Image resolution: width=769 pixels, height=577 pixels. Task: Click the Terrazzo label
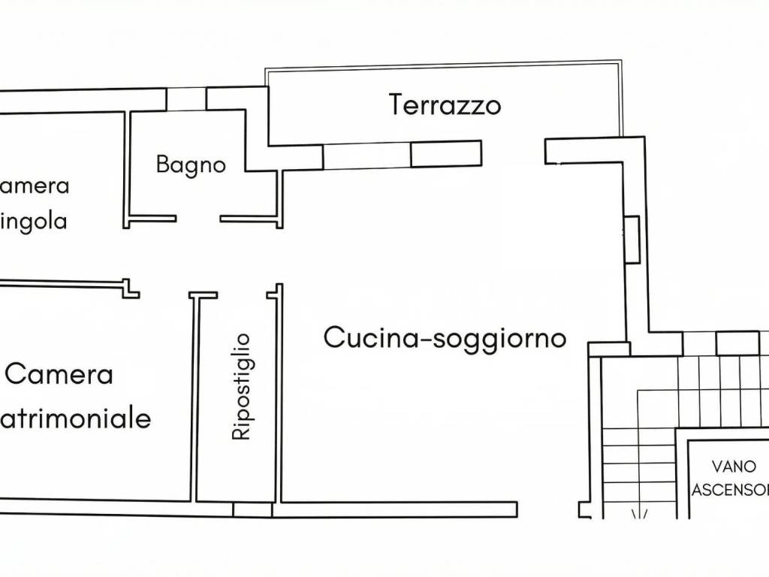(x=445, y=105)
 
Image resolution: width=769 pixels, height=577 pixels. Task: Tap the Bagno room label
(x=191, y=165)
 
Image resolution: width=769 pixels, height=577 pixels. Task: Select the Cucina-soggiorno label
(x=445, y=338)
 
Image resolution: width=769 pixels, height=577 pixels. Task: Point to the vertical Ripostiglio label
(x=241, y=387)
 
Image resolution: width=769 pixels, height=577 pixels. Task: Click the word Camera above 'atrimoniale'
(x=59, y=373)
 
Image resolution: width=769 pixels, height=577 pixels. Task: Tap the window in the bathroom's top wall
(x=185, y=98)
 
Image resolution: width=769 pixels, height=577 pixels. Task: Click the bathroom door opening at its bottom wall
(x=198, y=220)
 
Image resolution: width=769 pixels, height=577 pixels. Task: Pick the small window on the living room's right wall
(x=632, y=239)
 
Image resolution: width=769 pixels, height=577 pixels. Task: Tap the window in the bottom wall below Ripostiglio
(x=252, y=510)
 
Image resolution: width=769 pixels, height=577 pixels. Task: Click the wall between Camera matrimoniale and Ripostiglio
(x=192, y=398)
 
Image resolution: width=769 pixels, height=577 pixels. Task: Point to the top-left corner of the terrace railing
(x=266, y=71)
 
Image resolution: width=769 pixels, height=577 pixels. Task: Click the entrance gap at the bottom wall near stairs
(x=548, y=510)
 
